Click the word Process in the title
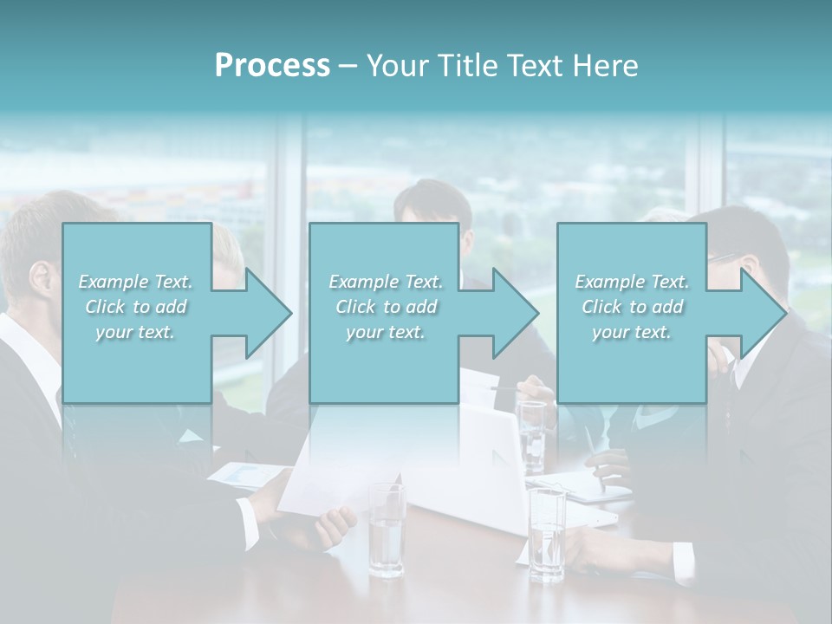coord(272,66)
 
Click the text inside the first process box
coord(135,307)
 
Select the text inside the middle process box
coord(385,307)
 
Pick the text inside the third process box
coord(631,307)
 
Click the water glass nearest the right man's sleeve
coord(547,533)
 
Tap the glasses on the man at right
coord(726,257)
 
